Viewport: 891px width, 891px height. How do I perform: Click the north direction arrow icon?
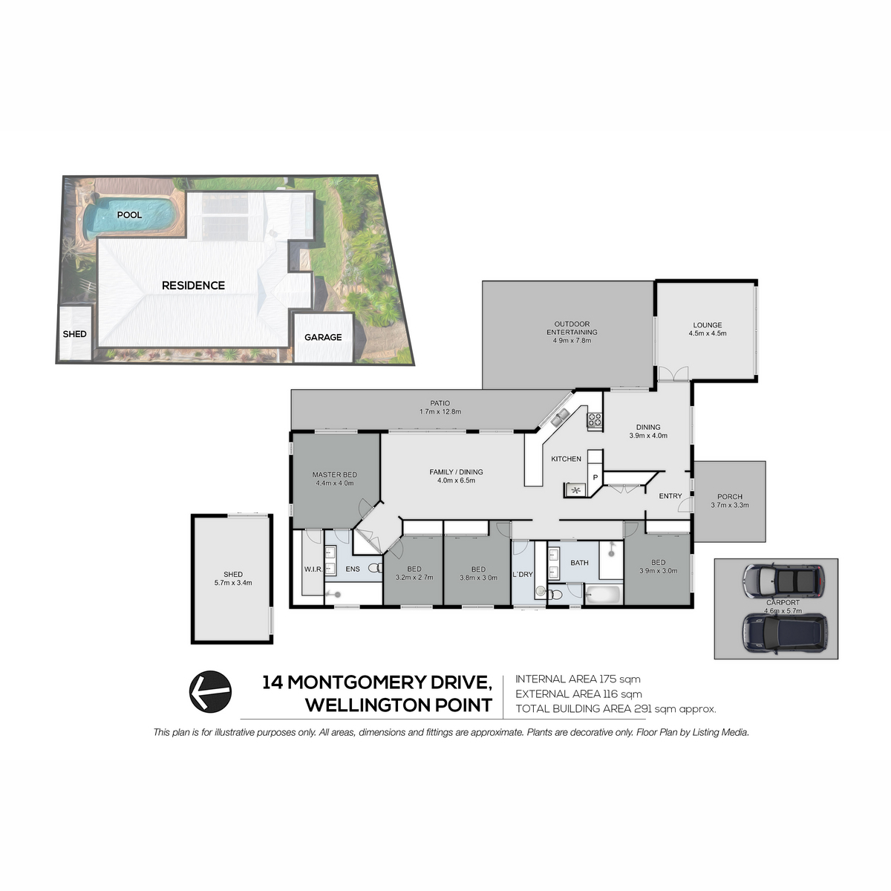210,691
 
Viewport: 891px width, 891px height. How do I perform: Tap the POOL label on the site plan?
129,215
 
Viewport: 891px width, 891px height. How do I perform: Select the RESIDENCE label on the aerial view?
193,285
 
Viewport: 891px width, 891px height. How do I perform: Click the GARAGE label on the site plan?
323,338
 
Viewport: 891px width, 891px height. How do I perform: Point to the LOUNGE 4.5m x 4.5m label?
707,329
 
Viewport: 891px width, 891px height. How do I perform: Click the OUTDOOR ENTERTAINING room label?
572,332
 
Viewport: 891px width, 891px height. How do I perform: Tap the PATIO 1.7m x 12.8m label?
440,408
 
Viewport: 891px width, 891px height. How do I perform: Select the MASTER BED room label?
334,479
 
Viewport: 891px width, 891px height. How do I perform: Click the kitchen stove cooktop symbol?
594,420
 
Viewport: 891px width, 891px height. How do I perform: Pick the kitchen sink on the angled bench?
560,417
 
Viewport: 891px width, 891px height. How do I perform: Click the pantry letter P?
595,477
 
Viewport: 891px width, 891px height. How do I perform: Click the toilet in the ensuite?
376,567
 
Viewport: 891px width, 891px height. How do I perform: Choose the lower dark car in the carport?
784,633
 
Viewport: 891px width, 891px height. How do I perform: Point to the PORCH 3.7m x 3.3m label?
730,500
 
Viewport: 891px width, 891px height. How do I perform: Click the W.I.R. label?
313,569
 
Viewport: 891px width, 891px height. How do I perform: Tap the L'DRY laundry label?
523,574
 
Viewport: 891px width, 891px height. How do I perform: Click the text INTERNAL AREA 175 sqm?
578,679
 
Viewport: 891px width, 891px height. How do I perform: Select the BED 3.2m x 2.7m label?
414,573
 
